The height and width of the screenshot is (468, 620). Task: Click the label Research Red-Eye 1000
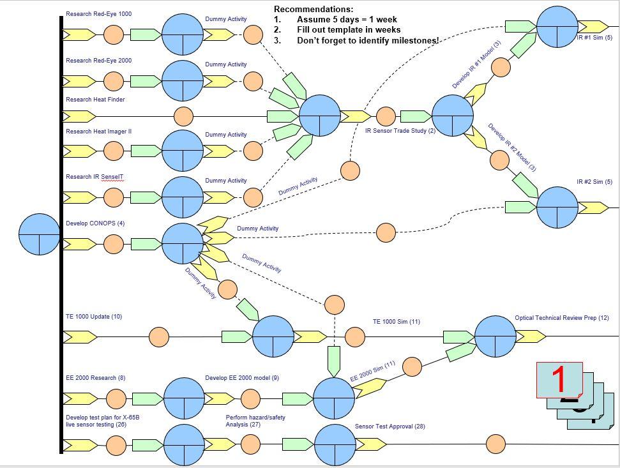[x=98, y=14]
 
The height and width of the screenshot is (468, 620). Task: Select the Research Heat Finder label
[x=95, y=100]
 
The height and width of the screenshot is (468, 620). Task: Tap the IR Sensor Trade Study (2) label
[x=400, y=131]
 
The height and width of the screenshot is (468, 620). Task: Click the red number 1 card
[x=559, y=380]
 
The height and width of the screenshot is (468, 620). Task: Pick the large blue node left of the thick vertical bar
[x=40, y=234]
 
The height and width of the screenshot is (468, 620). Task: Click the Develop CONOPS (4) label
[x=95, y=223]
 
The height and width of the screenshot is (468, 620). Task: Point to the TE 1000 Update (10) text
[x=93, y=317]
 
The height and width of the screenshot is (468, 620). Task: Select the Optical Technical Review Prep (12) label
[x=561, y=318]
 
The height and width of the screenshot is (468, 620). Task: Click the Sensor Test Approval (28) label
[x=389, y=426]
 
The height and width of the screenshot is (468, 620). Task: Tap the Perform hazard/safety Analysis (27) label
[x=255, y=421]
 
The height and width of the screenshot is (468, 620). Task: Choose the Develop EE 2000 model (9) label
[x=241, y=378]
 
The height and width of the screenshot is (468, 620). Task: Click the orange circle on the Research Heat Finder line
[x=183, y=116]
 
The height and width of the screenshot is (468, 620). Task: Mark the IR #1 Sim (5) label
[x=594, y=38]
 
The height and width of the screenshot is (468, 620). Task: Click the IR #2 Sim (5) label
[x=594, y=182]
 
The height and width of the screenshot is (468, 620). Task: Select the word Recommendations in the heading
[x=313, y=9]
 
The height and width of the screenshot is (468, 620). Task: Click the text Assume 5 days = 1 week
[x=347, y=19]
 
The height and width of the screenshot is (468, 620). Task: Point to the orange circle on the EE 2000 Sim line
[x=412, y=366]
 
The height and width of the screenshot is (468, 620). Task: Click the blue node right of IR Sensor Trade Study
[x=453, y=116]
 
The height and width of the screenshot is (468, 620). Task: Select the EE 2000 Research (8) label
[x=95, y=378]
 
